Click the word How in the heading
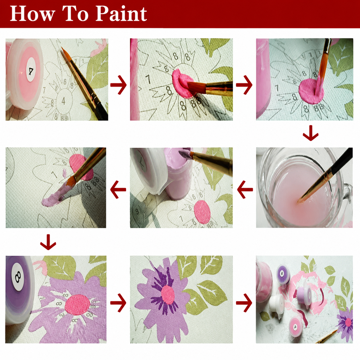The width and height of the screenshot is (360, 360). [32, 14]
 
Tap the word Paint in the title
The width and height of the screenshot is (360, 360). [121, 14]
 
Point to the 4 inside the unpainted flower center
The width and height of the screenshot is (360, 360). [63, 101]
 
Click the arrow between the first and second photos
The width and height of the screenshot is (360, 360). [119, 85]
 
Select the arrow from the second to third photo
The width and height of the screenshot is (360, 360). [244, 85]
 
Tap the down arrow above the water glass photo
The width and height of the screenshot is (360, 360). [311, 133]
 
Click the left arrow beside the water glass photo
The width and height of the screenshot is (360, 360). [245, 189]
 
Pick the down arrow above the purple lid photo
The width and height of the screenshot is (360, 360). [48, 242]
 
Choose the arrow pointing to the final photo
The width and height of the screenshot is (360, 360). [244, 303]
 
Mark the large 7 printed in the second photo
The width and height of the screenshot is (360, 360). [148, 79]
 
